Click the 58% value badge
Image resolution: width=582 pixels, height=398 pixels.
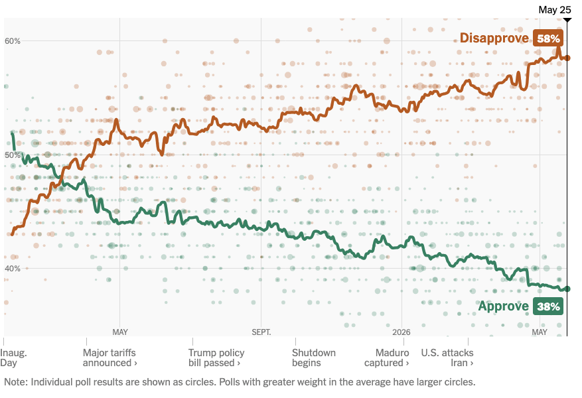[x=548, y=38]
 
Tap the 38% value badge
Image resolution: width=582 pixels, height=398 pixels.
[x=548, y=306]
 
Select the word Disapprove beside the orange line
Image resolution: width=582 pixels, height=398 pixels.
[x=494, y=38]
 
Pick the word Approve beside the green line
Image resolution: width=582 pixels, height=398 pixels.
[x=503, y=306]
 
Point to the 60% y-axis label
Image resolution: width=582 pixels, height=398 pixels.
[x=12, y=41]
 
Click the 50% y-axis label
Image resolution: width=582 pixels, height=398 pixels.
[x=12, y=155]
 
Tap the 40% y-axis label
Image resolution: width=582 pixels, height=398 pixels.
[x=12, y=269]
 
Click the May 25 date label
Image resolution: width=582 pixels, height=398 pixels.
[x=555, y=10]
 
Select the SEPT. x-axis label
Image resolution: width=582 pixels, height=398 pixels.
[x=261, y=332]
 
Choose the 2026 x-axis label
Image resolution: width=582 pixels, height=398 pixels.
[x=401, y=332]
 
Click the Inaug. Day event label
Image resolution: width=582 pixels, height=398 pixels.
[x=13, y=358]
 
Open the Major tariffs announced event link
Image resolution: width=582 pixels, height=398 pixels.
[x=110, y=358]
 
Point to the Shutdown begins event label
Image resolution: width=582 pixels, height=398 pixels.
[x=314, y=358]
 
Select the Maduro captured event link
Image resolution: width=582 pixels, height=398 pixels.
[x=386, y=358]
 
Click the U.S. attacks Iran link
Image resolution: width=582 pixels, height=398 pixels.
[x=447, y=358]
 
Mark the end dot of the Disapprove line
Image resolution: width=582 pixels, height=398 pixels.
[x=567, y=58]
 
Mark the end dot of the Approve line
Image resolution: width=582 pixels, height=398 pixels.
[x=567, y=289]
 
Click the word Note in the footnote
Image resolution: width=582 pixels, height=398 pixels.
[x=15, y=382]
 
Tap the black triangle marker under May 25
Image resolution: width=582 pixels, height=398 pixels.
[x=567, y=19]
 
